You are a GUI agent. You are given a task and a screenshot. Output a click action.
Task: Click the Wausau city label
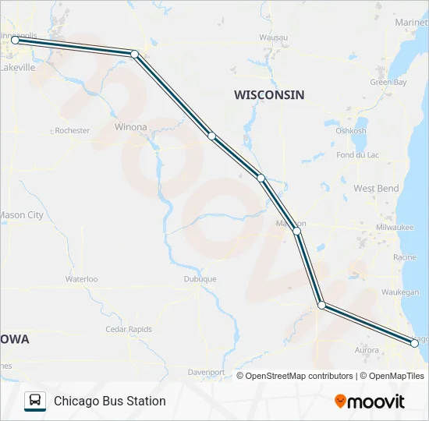(x=273, y=37)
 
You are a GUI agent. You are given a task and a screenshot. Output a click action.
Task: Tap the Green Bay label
(x=388, y=82)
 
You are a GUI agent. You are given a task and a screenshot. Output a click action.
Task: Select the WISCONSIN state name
(x=269, y=94)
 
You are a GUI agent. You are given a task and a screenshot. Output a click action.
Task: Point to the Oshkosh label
(x=351, y=130)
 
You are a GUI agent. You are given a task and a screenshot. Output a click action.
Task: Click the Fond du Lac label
(x=358, y=155)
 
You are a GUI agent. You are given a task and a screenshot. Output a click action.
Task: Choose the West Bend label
(x=376, y=188)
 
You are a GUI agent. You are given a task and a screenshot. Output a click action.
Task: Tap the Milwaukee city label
(x=394, y=227)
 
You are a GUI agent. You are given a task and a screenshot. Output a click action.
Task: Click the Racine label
(x=406, y=256)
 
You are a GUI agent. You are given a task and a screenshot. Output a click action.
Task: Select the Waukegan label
(x=400, y=292)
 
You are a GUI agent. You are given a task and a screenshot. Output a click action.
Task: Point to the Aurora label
(x=367, y=350)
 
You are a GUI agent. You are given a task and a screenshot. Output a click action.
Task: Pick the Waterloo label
(x=81, y=278)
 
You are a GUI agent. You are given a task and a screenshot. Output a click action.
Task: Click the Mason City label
(x=21, y=214)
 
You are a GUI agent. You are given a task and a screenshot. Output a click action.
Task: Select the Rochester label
(x=73, y=130)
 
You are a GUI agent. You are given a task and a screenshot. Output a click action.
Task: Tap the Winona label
(x=130, y=126)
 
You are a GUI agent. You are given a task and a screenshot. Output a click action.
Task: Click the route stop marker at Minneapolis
(x=15, y=40)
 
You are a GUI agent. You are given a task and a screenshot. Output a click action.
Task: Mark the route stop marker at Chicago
(x=414, y=342)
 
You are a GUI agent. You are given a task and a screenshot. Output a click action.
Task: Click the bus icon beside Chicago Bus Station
(x=35, y=401)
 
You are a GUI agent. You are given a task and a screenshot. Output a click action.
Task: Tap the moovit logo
(x=370, y=402)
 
